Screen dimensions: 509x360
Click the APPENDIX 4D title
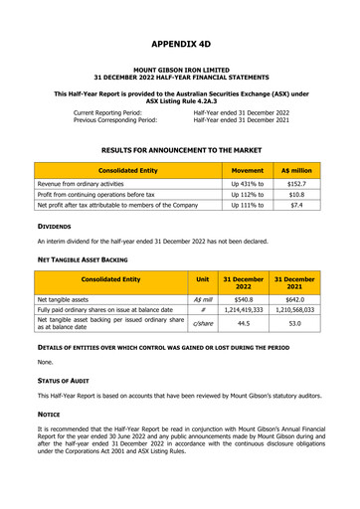(180, 45)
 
